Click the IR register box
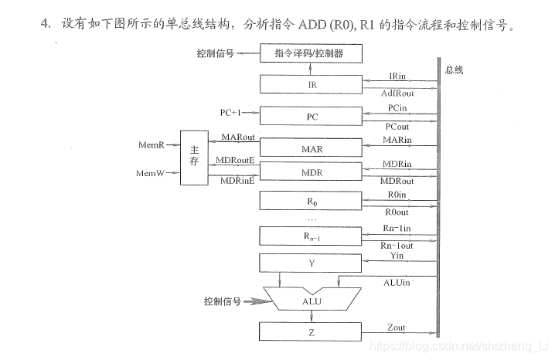311,84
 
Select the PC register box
311,117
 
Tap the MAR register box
311,148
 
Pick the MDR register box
311,172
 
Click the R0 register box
311,201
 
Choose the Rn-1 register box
311,236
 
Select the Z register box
311,333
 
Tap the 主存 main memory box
194,158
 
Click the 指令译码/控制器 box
311,53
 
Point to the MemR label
151,144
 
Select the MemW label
150,173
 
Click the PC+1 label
232,113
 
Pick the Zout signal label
395,328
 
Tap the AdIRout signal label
398,93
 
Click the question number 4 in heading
45,23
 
